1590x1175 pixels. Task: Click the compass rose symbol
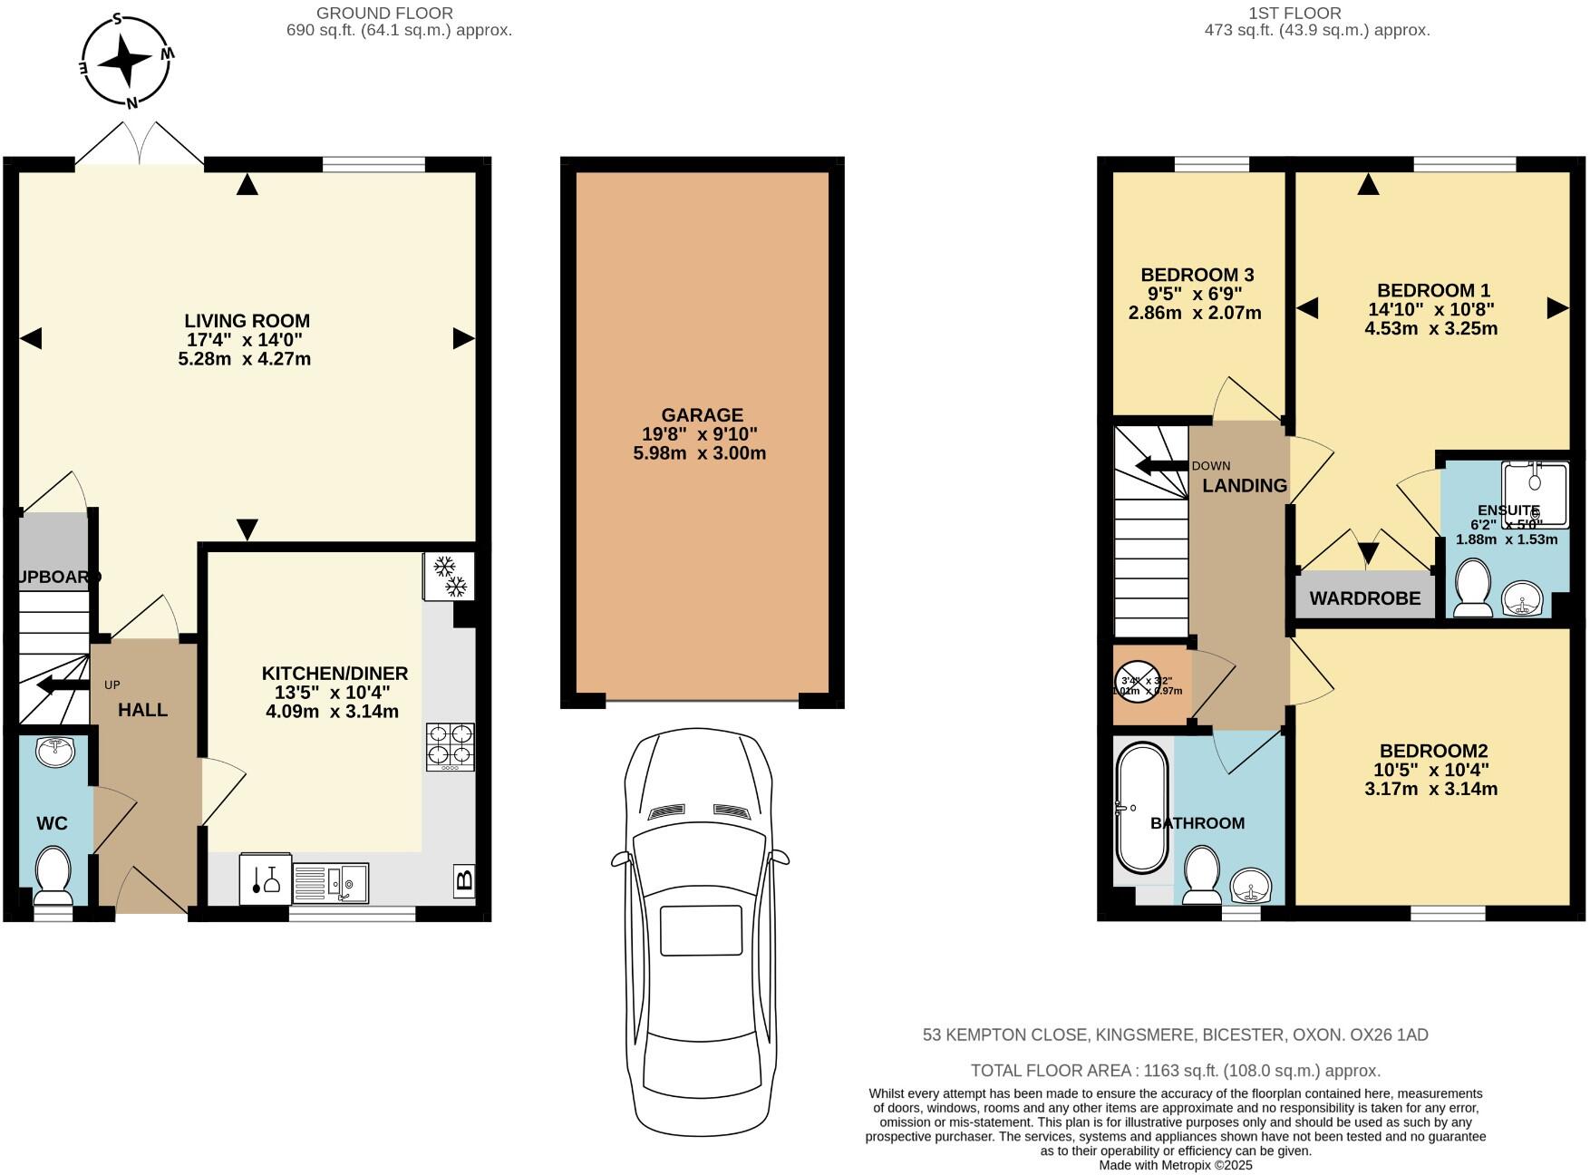point(126,61)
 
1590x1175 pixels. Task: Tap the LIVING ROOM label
point(247,321)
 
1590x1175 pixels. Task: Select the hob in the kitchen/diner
point(451,746)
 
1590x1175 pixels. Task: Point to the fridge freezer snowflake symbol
point(449,577)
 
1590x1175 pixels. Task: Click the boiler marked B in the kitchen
point(463,879)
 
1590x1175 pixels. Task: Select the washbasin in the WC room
point(56,752)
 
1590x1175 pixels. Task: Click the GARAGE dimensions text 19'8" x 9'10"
point(700,434)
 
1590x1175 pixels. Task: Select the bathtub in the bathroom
point(1141,808)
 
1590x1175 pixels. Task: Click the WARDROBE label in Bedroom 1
point(1364,598)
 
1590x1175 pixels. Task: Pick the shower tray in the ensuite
point(1535,494)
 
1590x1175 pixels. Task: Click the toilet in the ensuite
point(1471,588)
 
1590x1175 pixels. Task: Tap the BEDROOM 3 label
point(1197,275)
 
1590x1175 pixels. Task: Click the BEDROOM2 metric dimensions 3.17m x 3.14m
point(1430,789)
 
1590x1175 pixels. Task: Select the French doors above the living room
point(140,145)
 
